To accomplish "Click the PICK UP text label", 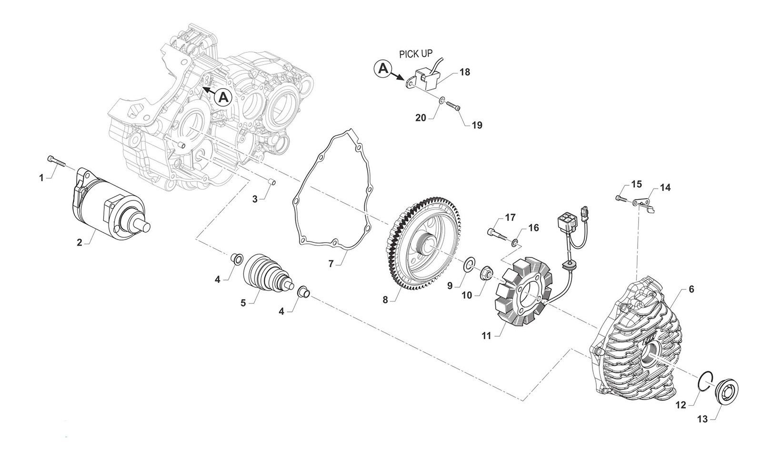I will [x=416, y=54].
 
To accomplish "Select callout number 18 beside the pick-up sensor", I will [x=465, y=72].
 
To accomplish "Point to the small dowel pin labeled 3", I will [x=272, y=181].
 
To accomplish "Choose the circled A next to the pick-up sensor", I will [x=382, y=69].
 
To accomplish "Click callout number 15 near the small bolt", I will [x=636, y=184].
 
